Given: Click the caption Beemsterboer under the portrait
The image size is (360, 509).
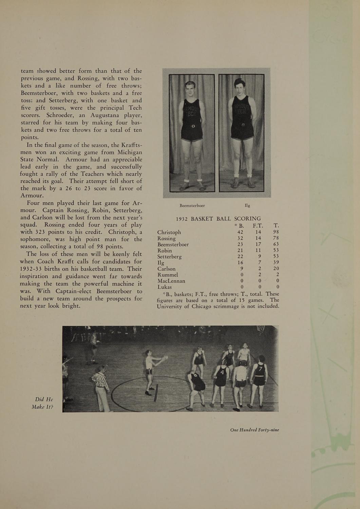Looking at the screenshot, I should tap(192, 206).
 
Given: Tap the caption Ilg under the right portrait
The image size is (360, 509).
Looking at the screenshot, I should tap(247, 206).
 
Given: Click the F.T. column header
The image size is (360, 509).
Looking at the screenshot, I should tap(258, 226).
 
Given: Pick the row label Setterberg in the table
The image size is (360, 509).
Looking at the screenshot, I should tap(169, 257).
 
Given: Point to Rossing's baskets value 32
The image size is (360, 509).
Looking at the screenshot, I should tap(240, 238).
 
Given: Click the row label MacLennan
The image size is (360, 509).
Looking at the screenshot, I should tap(171, 281).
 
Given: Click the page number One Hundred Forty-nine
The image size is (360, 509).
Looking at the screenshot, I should tap(254, 430).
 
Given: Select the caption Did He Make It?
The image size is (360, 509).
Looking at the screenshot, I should tap(42, 403).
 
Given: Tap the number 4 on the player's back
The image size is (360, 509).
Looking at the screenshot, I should tap(222, 372).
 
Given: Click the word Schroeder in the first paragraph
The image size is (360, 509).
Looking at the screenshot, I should tap(60, 115).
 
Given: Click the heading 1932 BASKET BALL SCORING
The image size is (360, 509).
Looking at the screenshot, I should tap(218, 219).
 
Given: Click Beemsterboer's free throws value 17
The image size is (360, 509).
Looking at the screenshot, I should tap(258, 244).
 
